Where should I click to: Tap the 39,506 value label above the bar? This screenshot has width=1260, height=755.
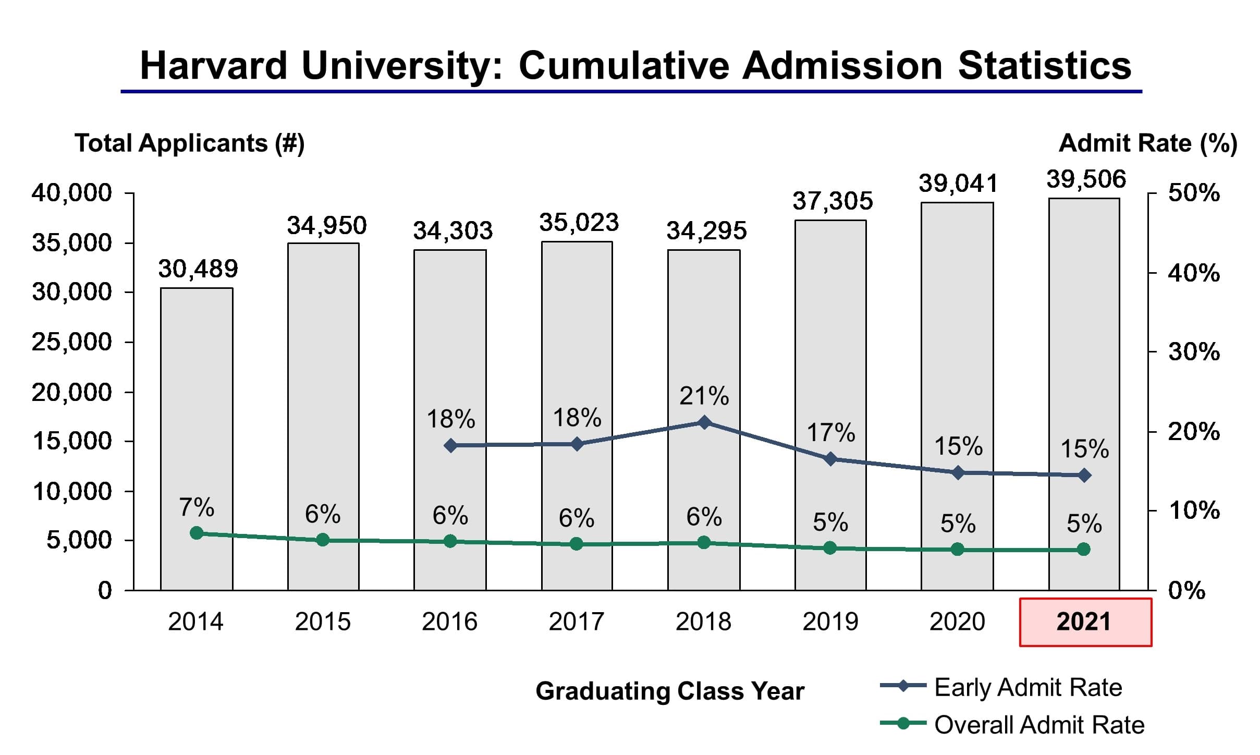1086,179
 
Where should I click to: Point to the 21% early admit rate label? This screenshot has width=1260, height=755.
704,396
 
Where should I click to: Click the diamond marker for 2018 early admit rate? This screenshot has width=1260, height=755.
704,422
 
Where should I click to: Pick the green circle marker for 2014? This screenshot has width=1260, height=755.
197,533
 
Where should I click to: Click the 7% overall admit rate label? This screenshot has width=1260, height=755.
197,507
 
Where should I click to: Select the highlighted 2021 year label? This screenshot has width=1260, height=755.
1084,622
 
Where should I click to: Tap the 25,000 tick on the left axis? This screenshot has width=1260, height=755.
72,342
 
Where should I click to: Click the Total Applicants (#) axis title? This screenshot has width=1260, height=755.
189,143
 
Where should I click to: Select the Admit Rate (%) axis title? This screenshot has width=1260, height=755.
1147,143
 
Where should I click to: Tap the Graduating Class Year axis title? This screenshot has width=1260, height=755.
670,691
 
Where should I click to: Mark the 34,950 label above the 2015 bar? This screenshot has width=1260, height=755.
327,226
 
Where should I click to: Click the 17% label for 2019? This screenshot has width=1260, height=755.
831,433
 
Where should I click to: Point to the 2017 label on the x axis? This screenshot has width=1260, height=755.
576,622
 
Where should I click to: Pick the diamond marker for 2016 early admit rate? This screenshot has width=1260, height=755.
451,446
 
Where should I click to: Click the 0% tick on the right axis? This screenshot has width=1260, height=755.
1186,591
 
